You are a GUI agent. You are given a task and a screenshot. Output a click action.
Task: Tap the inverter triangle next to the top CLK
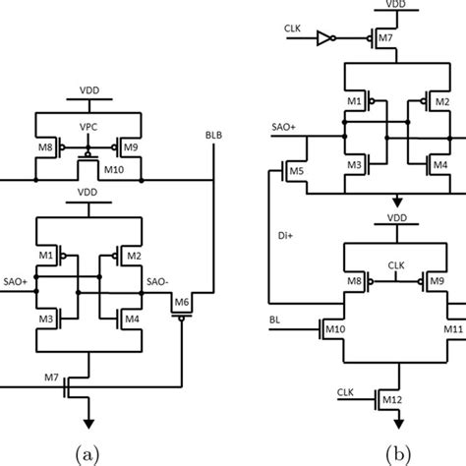(321, 44)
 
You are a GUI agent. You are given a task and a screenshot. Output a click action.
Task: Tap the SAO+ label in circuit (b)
(282, 126)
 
